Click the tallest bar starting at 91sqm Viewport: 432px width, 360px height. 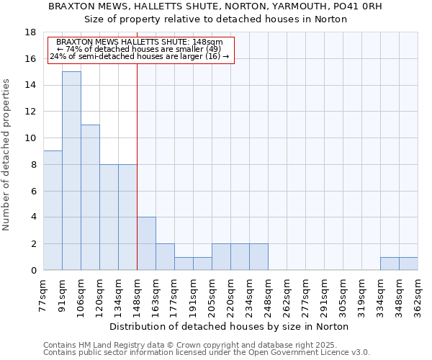point(71,171)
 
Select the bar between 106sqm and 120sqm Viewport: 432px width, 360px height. point(90,197)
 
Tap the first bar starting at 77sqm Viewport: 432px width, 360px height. point(53,210)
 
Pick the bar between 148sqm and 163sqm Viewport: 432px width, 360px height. point(146,243)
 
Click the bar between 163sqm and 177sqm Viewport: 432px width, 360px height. point(165,257)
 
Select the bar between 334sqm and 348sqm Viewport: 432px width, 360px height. point(390,264)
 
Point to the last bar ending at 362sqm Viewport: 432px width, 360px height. point(408,264)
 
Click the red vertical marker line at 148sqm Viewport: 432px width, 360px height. point(137,166)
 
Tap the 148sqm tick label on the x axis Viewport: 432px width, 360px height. point(138,293)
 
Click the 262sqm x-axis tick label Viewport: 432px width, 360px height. point(287,293)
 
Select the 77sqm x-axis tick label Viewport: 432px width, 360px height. point(44,293)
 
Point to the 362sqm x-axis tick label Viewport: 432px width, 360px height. point(418,293)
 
